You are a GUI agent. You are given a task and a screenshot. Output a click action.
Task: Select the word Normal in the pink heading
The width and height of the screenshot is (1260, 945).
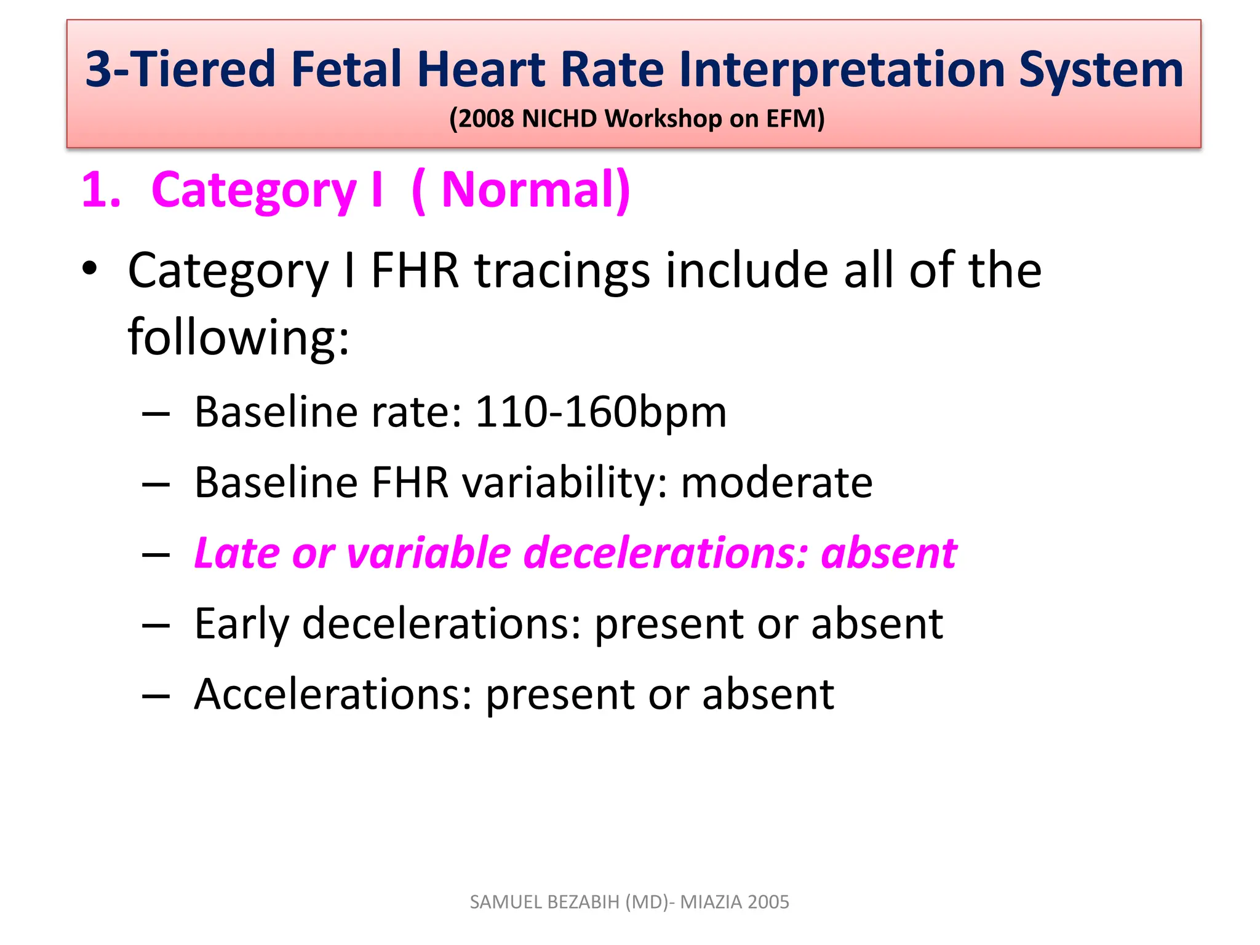point(528,189)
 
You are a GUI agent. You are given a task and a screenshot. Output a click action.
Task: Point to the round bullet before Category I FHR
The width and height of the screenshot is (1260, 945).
point(90,269)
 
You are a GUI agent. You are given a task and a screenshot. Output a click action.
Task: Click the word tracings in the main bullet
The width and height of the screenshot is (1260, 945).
point(562,271)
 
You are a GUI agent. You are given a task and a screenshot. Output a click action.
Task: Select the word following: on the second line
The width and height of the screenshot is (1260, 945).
point(238,337)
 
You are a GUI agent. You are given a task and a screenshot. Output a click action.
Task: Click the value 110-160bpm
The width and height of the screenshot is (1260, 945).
point(600,412)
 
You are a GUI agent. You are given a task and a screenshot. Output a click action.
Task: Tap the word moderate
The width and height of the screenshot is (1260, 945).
point(776,482)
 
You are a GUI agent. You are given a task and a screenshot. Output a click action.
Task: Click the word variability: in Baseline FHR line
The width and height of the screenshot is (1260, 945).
point(565,484)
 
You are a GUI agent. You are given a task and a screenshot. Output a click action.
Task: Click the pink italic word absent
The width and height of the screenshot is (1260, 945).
point(889,552)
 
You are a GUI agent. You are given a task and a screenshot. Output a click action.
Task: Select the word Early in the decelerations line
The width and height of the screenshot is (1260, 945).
point(241,624)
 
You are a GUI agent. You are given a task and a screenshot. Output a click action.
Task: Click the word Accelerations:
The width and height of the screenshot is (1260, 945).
point(333,694)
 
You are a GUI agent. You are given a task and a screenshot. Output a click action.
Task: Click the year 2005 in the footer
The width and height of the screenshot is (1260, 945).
point(768,902)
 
